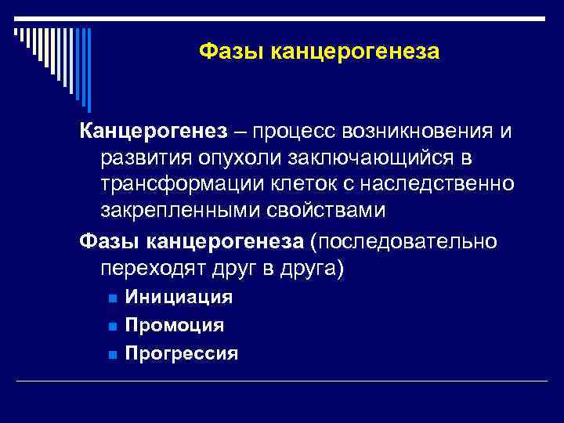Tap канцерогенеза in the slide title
pyautogui.click(x=355, y=52)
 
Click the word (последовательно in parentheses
pyautogui.click(x=403, y=240)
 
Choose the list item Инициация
pyautogui.click(x=179, y=297)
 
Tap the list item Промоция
pyautogui.click(x=175, y=325)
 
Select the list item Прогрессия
pyautogui.click(x=181, y=353)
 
